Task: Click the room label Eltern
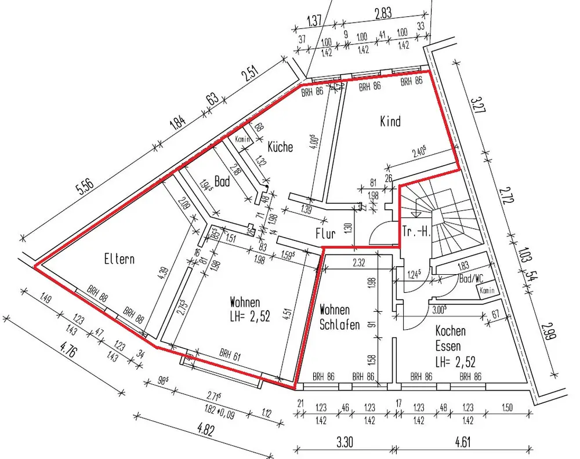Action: coord(119,258)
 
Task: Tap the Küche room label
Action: coord(280,147)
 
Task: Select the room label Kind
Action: coord(390,121)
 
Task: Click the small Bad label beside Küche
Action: coord(222,181)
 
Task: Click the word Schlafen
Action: coord(340,324)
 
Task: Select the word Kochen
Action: coord(451,331)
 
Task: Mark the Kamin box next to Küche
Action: coord(242,139)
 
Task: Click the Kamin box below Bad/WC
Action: coord(486,291)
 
